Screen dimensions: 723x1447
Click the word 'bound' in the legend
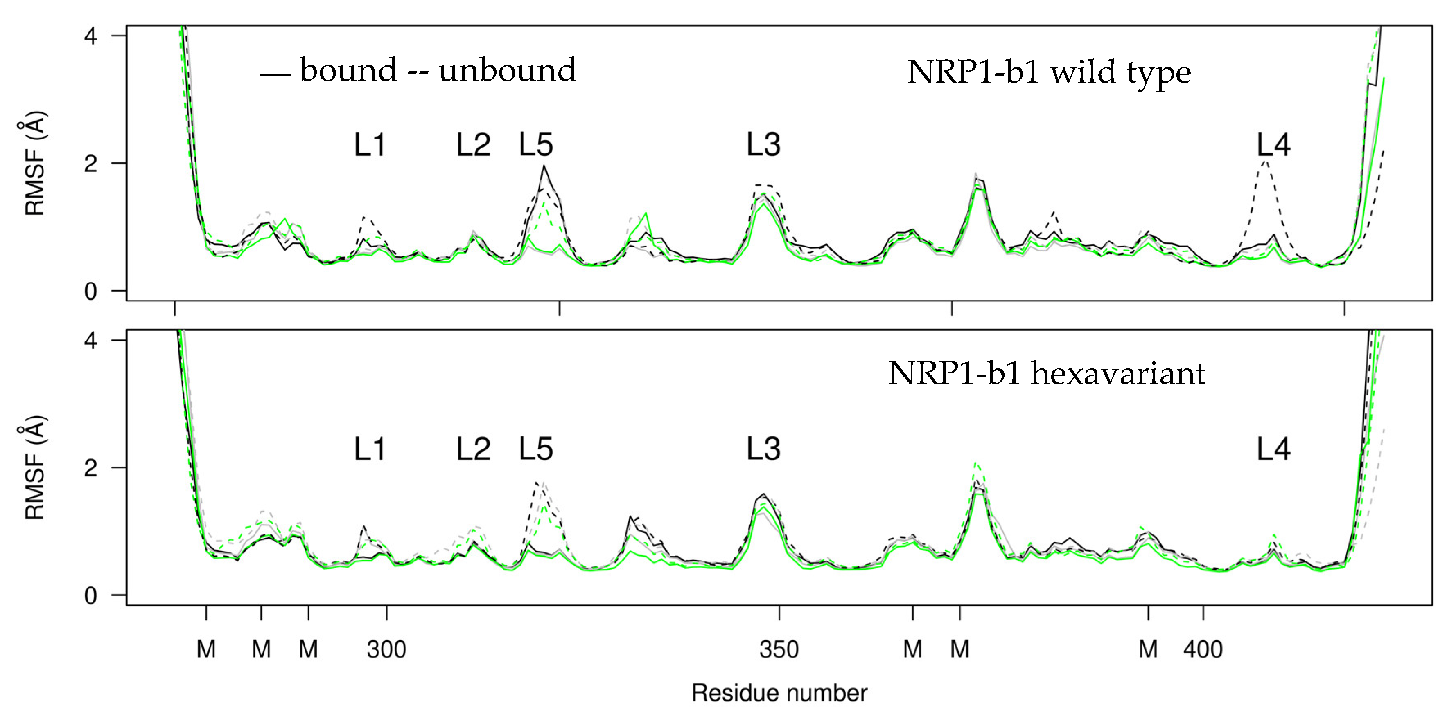point(348,70)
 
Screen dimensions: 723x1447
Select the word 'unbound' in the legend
point(507,70)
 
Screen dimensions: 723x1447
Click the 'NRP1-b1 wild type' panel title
point(1049,72)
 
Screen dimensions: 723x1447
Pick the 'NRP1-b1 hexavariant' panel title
point(1047,373)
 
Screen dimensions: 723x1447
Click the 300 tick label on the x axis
point(386,649)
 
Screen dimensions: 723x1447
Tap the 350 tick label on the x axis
point(779,649)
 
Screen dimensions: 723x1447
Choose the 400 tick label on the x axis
point(1203,649)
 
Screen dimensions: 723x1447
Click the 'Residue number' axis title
point(779,693)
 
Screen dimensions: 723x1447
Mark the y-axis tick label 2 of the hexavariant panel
point(90,467)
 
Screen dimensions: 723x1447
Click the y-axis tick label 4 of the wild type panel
point(90,36)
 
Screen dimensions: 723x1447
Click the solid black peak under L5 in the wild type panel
point(544,166)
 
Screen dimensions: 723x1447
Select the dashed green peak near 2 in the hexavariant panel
point(976,464)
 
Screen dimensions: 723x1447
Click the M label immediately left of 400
point(1148,649)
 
